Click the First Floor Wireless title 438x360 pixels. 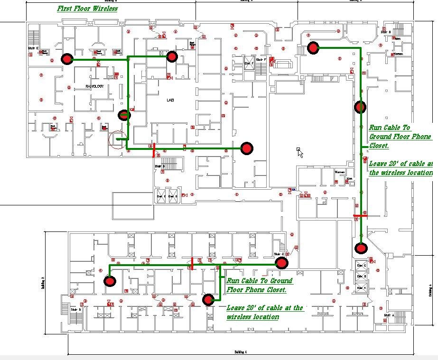(x=87, y=9)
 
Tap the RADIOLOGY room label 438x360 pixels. (x=94, y=86)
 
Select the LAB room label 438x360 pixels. (x=170, y=100)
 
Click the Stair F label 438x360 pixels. (x=261, y=60)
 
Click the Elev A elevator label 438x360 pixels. (x=362, y=287)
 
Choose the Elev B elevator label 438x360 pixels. (x=362, y=277)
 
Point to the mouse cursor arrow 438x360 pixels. (x=299, y=152)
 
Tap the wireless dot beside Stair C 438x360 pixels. (x=281, y=262)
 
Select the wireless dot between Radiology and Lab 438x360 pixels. (x=124, y=115)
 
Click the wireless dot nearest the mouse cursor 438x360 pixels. (x=246, y=148)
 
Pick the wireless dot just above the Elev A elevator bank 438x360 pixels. (x=361, y=248)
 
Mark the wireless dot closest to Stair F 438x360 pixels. (x=313, y=47)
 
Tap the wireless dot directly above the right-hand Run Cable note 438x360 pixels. (x=360, y=106)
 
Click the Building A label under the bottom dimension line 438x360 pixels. (x=241, y=352)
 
